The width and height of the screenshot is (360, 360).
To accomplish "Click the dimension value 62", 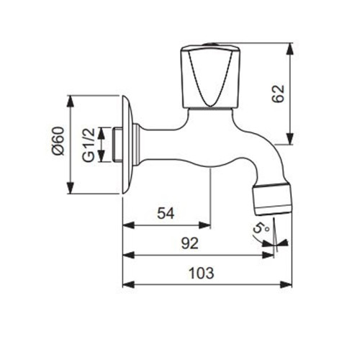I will tap(279, 93).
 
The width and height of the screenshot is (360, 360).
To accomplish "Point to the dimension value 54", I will tap(167, 213).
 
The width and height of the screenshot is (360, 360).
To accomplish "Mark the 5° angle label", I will tap(260, 230).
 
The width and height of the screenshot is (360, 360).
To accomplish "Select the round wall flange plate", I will tap(127, 144).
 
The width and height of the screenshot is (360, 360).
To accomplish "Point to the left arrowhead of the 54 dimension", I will tap(127, 225).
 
